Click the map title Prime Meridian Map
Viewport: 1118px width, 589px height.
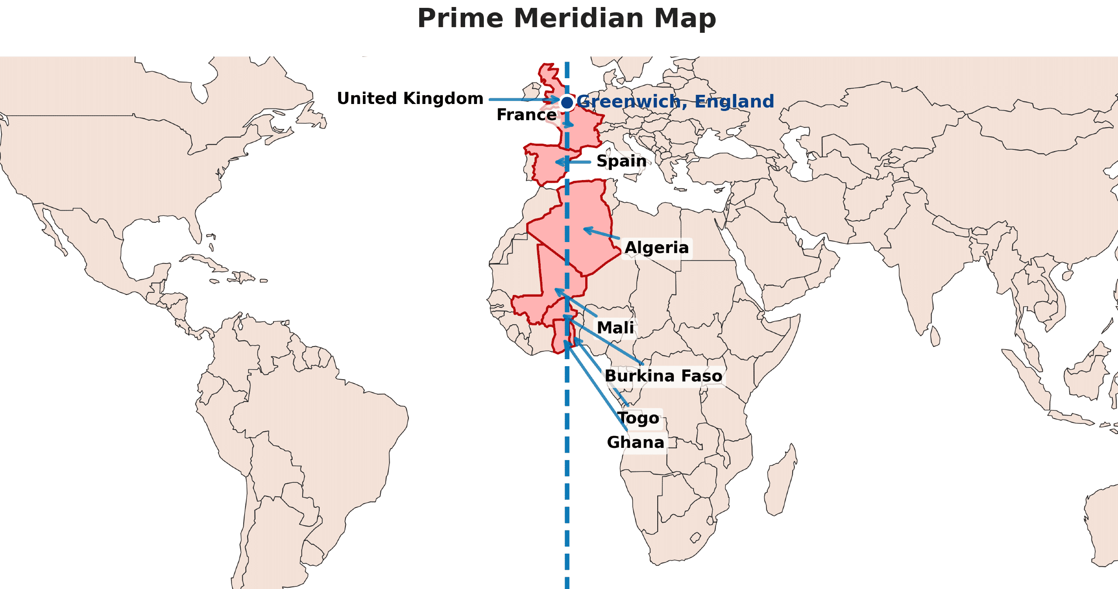point(566,19)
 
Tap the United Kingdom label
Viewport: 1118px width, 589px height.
point(410,99)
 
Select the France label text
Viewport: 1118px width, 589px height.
point(526,115)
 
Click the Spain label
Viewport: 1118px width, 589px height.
point(621,161)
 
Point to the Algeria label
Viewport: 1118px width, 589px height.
point(656,248)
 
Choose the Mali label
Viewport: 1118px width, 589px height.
point(615,328)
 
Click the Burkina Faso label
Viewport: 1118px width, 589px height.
point(663,376)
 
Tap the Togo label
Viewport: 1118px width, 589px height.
point(638,418)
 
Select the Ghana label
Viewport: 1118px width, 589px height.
point(635,443)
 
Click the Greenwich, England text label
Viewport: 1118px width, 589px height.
point(675,102)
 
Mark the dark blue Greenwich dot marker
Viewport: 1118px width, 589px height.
point(567,103)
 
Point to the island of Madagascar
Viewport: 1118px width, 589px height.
point(782,481)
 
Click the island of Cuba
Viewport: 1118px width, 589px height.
point(205,260)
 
